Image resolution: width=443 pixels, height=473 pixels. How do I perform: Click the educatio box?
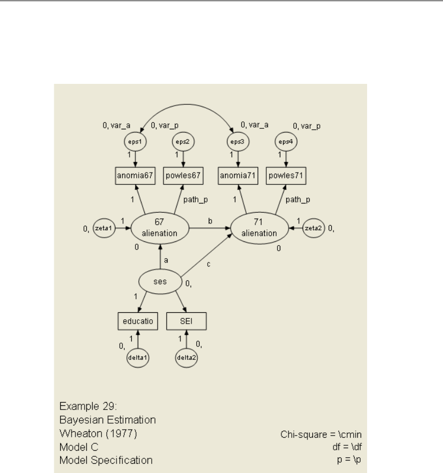pyautogui.click(x=137, y=321)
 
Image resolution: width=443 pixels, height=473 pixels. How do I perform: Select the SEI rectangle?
pyautogui.click(x=186, y=321)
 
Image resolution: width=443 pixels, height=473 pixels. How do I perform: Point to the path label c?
pyautogui.click(x=208, y=264)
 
